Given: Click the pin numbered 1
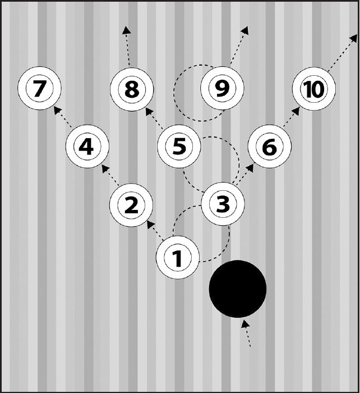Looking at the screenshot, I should (x=178, y=258).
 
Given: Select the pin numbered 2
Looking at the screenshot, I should (x=131, y=205).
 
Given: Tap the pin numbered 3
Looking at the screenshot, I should (x=223, y=204).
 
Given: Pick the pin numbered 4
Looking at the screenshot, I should (x=86, y=147).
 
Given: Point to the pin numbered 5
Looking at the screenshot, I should (x=178, y=147).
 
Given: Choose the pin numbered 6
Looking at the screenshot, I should (x=269, y=148).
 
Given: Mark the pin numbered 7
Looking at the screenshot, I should (x=39, y=89).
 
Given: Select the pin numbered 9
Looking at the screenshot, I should (x=223, y=89).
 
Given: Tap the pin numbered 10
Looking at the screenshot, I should (x=314, y=89).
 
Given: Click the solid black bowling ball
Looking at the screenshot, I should (x=237, y=289).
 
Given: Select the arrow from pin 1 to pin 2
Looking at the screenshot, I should (x=154, y=230).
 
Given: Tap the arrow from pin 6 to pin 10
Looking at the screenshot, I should (x=291, y=117).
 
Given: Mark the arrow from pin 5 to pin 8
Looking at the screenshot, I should (x=154, y=117).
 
